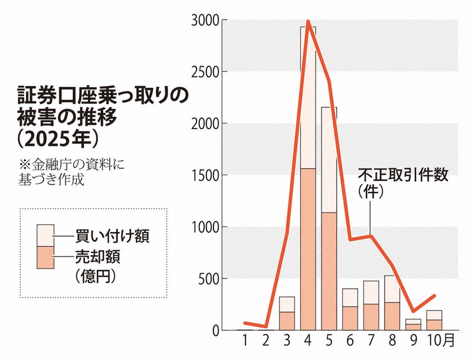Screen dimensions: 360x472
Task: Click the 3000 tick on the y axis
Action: click(206, 21)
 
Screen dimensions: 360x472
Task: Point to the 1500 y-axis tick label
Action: click(206, 175)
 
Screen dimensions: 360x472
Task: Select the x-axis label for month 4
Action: click(307, 341)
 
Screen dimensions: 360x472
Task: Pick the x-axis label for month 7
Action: click(371, 341)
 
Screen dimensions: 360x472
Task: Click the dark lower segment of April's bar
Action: click(307, 248)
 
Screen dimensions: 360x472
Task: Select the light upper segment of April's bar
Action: click(307, 100)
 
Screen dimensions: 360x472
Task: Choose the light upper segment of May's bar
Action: click(329, 159)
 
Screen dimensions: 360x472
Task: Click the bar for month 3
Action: click(287, 313)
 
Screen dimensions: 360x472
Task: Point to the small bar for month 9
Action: click(414, 325)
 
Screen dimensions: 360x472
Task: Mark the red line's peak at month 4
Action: click(309, 22)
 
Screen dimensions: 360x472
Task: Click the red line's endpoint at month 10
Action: click(434, 296)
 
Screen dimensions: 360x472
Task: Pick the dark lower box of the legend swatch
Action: click(45, 257)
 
